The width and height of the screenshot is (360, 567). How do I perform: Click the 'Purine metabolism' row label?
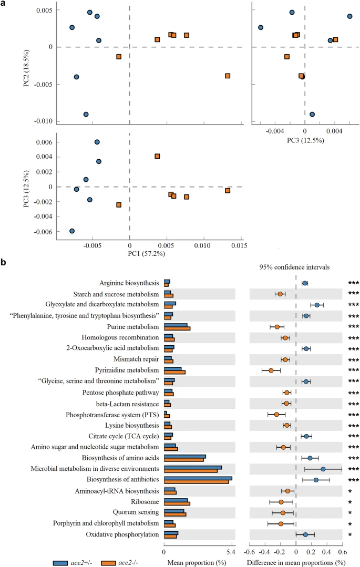(x=133, y=326)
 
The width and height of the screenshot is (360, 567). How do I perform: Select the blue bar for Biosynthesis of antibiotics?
(x=198, y=478)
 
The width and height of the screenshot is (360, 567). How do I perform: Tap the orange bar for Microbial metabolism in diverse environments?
(x=191, y=471)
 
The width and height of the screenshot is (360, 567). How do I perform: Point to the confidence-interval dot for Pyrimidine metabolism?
(x=271, y=370)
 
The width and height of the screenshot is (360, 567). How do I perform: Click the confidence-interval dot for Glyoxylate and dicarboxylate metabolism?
(x=317, y=305)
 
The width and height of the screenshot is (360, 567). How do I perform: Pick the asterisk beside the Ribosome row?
(x=350, y=502)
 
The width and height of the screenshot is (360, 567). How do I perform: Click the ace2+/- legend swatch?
(x=60, y=563)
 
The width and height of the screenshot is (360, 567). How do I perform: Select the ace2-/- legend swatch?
(x=108, y=563)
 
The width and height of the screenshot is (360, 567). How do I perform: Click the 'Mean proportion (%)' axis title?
(x=197, y=563)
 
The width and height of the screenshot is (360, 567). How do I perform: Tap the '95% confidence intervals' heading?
(x=294, y=267)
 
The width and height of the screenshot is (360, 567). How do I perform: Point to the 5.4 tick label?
(x=231, y=552)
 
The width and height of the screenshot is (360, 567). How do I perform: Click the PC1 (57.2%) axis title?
(x=147, y=253)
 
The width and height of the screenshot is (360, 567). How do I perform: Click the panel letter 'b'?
(x=3, y=262)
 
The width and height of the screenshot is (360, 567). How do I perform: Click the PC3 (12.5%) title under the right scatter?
(x=305, y=140)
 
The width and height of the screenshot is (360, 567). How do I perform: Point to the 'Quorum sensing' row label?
(x=136, y=512)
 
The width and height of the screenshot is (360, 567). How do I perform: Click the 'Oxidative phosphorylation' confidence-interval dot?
(x=305, y=534)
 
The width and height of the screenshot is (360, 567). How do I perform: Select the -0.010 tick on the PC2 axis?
(x=43, y=121)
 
